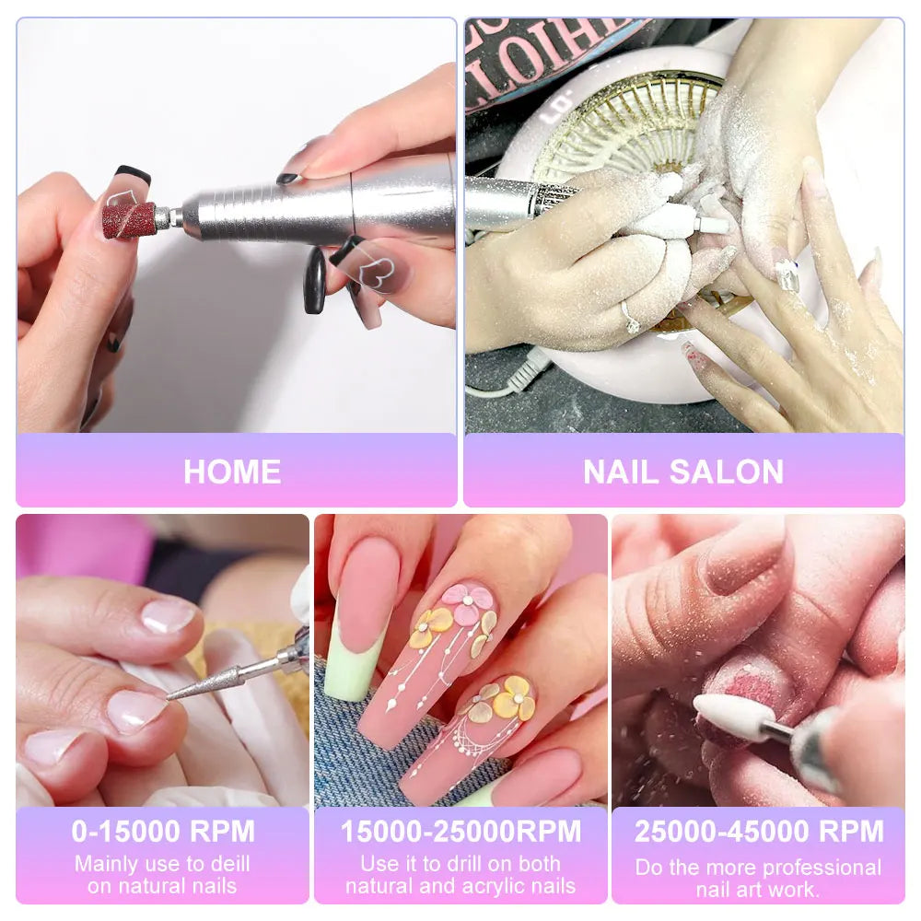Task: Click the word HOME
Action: [232, 472]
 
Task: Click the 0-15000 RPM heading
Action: [163, 831]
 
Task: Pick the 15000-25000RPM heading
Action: [460, 831]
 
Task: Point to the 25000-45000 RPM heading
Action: [758, 831]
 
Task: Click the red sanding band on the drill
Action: [129, 219]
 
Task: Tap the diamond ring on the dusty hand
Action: [631, 318]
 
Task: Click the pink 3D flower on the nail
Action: [467, 603]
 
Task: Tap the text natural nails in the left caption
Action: [162, 886]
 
